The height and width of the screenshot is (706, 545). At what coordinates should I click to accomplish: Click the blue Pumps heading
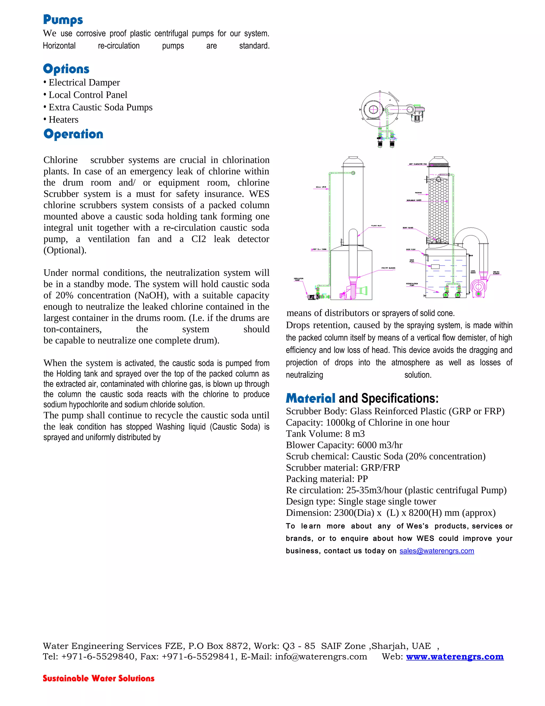63,20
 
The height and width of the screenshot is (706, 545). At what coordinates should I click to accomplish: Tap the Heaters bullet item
63,120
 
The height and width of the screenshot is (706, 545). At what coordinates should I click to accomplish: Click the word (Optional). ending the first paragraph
65,250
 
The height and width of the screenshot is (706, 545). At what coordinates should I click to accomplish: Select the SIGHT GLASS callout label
407,228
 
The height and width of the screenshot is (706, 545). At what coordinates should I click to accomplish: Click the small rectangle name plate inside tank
435,267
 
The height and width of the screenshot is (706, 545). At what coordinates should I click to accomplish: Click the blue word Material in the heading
310,398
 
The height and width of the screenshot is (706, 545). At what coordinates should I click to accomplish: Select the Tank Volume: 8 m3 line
325,434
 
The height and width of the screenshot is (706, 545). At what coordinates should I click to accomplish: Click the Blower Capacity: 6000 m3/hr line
344,445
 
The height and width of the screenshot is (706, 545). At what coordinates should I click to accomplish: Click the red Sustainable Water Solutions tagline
98,678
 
